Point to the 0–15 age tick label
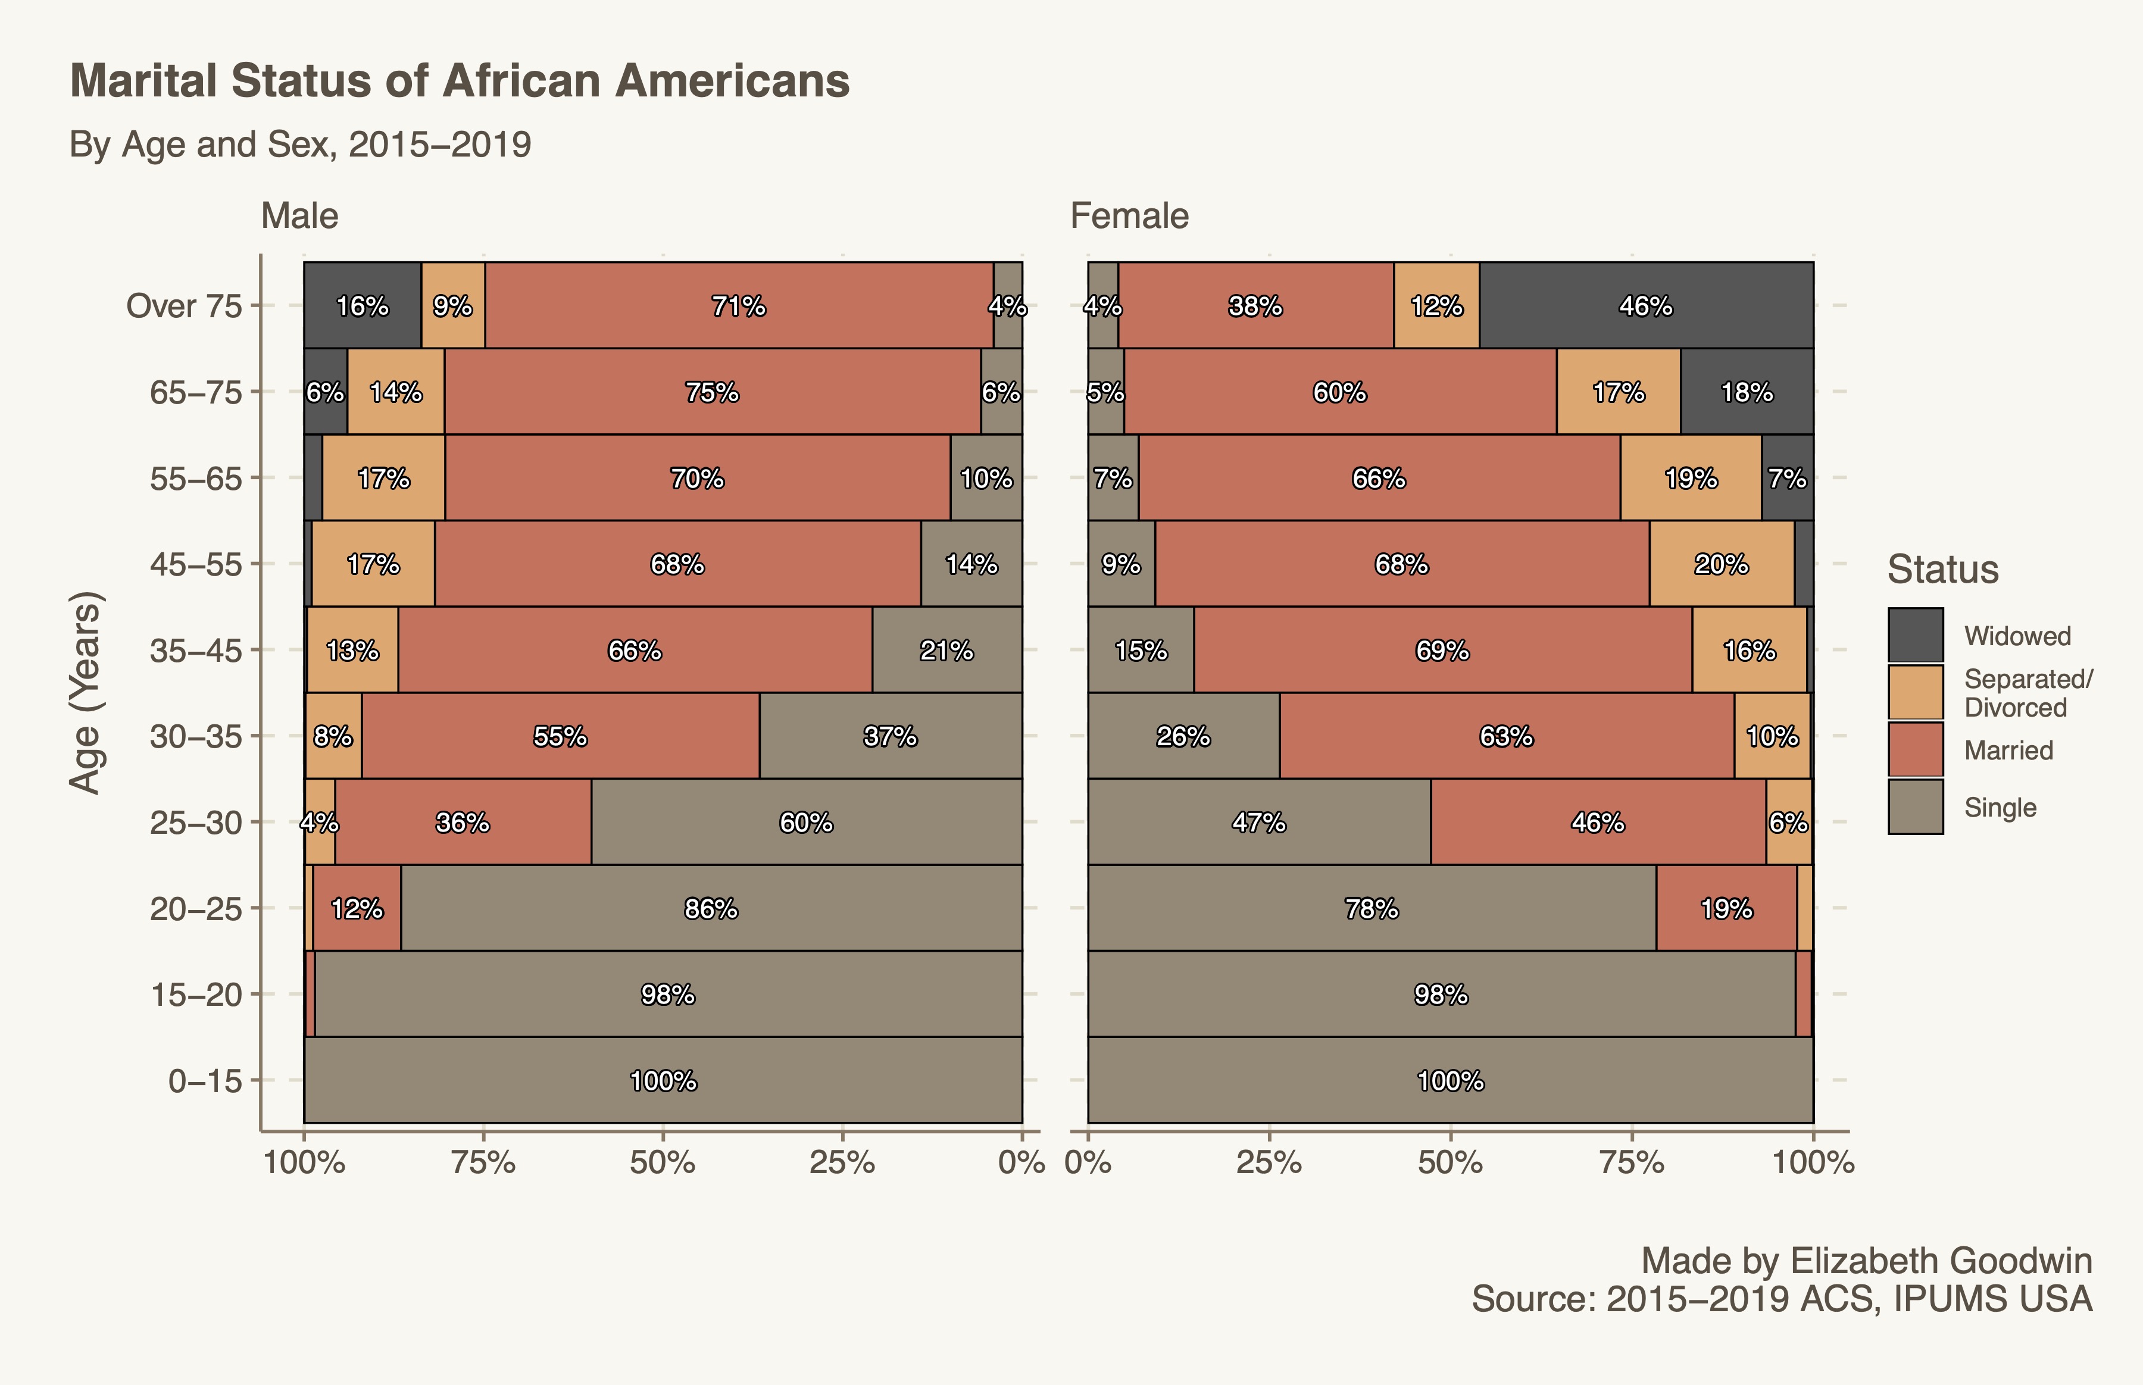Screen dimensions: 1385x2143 [x=205, y=1080]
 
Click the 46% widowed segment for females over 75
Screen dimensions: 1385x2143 [x=1646, y=306]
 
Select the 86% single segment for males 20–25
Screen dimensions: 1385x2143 [x=710, y=908]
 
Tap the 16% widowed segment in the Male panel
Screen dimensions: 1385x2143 [x=363, y=306]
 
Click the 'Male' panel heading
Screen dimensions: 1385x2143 [x=299, y=216]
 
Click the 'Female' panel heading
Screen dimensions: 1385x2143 [x=1129, y=216]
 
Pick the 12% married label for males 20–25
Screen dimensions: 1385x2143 [x=357, y=908]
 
